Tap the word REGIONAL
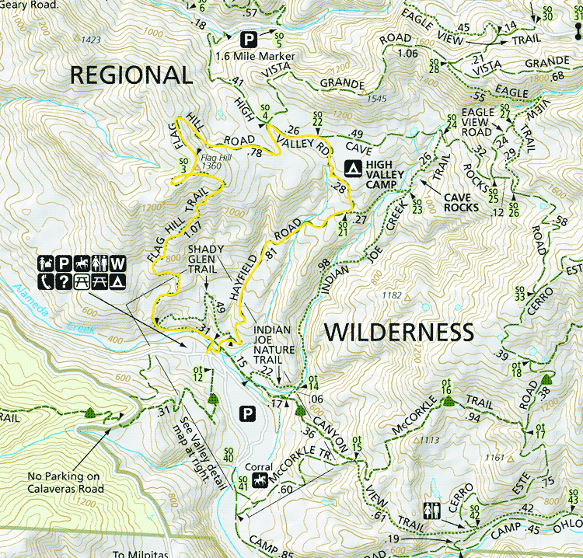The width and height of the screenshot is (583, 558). pyautogui.click(x=131, y=75)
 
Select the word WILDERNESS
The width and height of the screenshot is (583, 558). pyautogui.click(x=398, y=332)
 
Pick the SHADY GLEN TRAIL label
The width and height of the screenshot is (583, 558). pyautogui.click(x=206, y=260)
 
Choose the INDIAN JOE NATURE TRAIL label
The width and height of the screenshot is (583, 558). pyautogui.click(x=278, y=340)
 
